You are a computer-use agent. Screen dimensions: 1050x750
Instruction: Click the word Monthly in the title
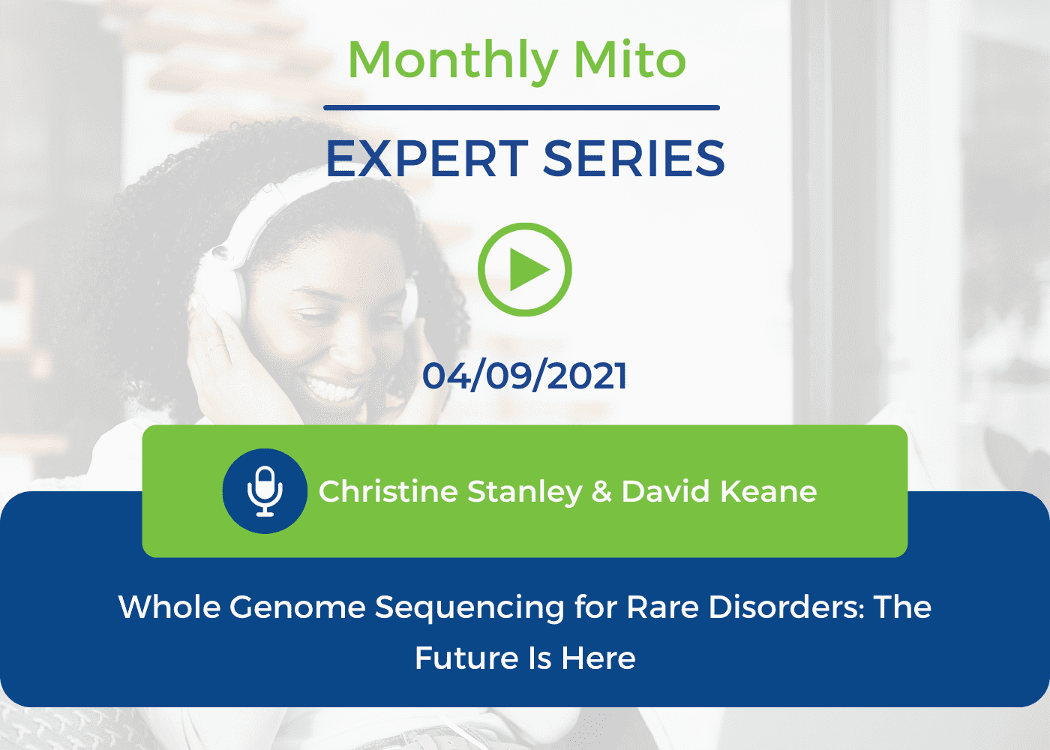(x=453, y=61)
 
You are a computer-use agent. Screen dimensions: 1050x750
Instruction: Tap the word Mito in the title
(x=629, y=59)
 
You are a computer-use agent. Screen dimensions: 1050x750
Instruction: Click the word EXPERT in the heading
(x=427, y=159)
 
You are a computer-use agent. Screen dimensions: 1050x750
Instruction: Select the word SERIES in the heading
(x=634, y=159)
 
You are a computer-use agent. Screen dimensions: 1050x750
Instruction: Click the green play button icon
(x=524, y=269)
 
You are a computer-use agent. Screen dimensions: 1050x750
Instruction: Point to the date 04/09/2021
(x=524, y=376)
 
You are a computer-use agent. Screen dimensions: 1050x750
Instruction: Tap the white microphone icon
(x=265, y=491)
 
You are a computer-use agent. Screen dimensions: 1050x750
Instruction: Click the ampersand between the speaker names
(x=601, y=491)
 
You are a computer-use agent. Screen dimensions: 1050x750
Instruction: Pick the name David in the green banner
(x=666, y=491)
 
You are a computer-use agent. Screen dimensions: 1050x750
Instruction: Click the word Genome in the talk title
(x=297, y=607)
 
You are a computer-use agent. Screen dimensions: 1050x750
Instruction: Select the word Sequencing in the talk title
(x=469, y=609)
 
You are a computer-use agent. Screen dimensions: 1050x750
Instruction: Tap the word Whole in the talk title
(x=169, y=607)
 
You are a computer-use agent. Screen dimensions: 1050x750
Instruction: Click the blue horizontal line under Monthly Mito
(x=521, y=108)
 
